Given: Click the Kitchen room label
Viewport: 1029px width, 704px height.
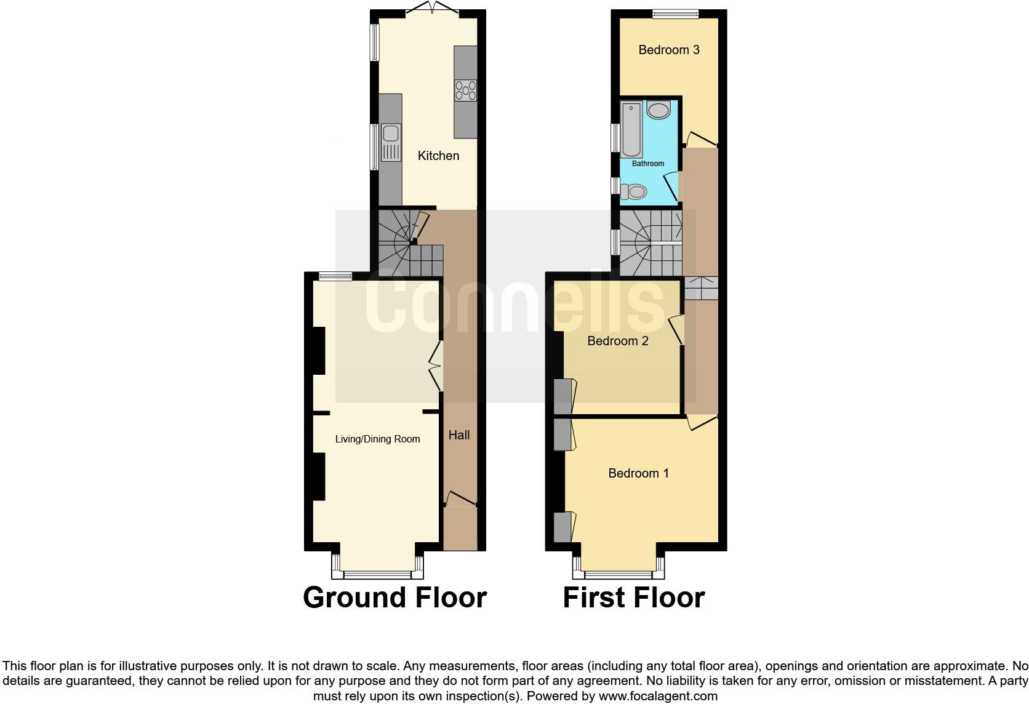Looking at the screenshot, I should pyautogui.click(x=438, y=156).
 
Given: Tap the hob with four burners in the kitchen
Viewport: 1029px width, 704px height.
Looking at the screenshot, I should pyautogui.click(x=465, y=90).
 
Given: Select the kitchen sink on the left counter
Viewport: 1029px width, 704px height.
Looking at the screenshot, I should pyautogui.click(x=391, y=142).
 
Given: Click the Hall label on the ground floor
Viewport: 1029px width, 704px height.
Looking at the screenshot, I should pyautogui.click(x=459, y=435).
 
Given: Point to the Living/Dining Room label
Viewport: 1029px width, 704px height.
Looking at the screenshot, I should pyautogui.click(x=377, y=439).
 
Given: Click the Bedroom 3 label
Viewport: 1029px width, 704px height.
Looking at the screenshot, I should pyautogui.click(x=669, y=50).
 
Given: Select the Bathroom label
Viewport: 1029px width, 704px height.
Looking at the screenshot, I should pyautogui.click(x=648, y=164).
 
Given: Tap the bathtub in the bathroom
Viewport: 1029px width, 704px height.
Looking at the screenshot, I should pyautogui.click(x=631, y=130).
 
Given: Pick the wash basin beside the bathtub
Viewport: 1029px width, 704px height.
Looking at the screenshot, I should pyautogui.click(x=659, y=111).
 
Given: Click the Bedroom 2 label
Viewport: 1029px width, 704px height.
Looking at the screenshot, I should pyautogui.click(x=618, y=341).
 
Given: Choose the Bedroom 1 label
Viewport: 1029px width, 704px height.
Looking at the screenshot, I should pyautogui.click(x=638, y=473).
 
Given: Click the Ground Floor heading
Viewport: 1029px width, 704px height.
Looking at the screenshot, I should pyautogui.click(x=394, y=598).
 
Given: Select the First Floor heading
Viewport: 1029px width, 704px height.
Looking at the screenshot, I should pyautogui.click(x=633, y=598).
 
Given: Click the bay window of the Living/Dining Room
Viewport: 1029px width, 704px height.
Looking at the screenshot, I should pyautogui.click(x=377, y=574).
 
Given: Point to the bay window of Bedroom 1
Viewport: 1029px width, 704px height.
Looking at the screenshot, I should pyautogui.click(x=618, y=574).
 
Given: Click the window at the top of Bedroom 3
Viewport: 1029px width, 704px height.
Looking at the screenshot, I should pyautogui.click(x=675, y=14).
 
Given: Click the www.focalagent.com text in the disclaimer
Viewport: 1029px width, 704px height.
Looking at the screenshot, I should pyautogui.click(x=658, y=696).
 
